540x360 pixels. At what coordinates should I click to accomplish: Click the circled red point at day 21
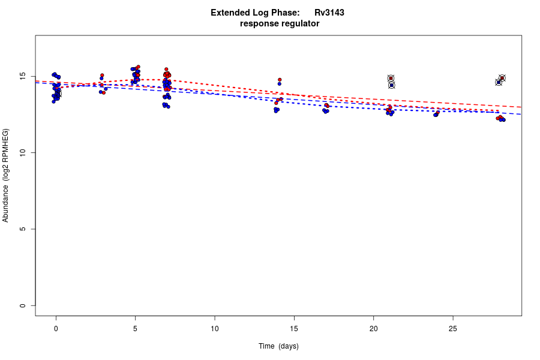[391, 79]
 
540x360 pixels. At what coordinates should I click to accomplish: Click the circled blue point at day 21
[391, 85]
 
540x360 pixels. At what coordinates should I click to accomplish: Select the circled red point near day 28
[502, 78]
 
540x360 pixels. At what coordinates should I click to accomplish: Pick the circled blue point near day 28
[499, 82]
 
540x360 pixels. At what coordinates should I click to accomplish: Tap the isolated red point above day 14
[280, 80]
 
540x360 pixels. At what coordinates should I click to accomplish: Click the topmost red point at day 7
[166, 69]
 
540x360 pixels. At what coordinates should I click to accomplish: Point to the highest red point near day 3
[102, 75]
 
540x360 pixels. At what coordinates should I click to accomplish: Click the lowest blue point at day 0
[53, 101]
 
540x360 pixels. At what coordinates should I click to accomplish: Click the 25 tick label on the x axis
[452, 328]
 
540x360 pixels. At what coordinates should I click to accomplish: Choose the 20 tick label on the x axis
[373, 328]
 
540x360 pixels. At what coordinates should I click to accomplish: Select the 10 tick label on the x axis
[214, 328]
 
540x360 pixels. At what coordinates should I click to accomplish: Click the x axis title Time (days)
[278, 346]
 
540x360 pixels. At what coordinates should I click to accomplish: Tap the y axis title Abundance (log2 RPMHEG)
[6, 175]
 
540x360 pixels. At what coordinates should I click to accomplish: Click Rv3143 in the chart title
[329, 13]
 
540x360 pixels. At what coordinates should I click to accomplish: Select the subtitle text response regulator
[280, 24]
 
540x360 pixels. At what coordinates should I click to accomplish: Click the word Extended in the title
[230, 13]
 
